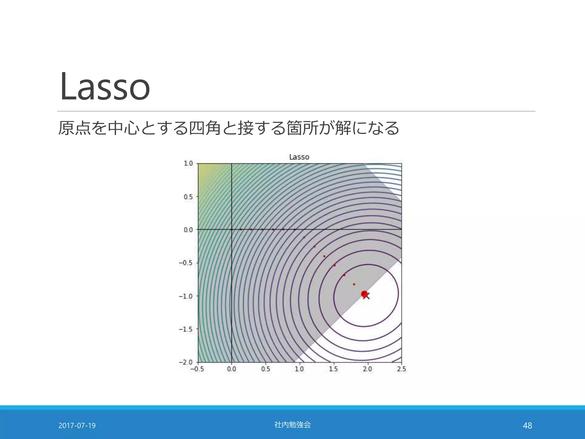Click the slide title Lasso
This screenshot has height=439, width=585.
coord(105,87)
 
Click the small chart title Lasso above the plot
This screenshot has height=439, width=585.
coord(299,157)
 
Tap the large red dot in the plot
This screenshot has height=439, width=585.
coord(364,294)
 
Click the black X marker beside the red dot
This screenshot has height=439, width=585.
coord(367,296)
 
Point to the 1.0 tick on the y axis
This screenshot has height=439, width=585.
coord(188,163)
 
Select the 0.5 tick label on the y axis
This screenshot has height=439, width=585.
coord(188,197)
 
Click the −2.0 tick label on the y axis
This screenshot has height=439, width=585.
coord(186,362)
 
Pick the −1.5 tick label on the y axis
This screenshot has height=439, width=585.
coord(186,329)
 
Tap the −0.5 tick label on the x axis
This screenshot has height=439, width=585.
coord(197,369)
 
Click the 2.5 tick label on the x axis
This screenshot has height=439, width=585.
coord(401,369)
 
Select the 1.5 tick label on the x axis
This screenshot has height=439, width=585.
coord(333,369)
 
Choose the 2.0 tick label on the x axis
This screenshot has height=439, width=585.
coord(367,369)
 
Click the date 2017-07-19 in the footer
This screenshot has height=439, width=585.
coord(77,426)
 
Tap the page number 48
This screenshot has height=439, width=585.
coord(527,426)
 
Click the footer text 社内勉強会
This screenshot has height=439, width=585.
coord(292,425)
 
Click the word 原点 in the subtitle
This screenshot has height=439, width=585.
coord(75,128)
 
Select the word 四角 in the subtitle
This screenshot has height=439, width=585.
coord(205,128)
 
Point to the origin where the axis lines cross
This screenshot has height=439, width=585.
coord(231,229)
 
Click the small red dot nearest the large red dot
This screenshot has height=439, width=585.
coord(354,284)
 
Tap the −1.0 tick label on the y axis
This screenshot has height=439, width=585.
coord(186,296)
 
